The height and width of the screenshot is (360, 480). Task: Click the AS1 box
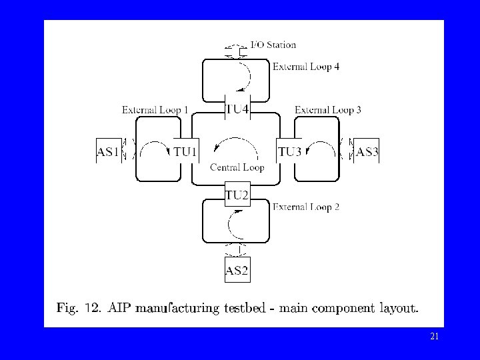coord(108,152)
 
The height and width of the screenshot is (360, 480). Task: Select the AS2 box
coord(237,270)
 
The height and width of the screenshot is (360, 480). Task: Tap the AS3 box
coord(367,152)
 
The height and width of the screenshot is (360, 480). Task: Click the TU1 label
coord(185,152)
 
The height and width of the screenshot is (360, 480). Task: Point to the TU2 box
coord(237,195)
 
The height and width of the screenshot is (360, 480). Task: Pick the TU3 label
coord(290,152)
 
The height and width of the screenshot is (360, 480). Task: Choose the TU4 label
coord(238,109)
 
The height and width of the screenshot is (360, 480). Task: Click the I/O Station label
coord(273,45)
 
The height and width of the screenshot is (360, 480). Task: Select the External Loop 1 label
coord(155,110)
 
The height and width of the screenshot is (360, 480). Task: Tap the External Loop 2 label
coord(306,207)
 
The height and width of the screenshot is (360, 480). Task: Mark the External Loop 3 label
coord(328,110)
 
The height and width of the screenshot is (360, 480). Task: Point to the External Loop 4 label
coord(306,67)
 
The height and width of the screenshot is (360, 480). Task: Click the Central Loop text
coord(237,167)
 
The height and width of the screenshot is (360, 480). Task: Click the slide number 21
coord(435,337)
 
